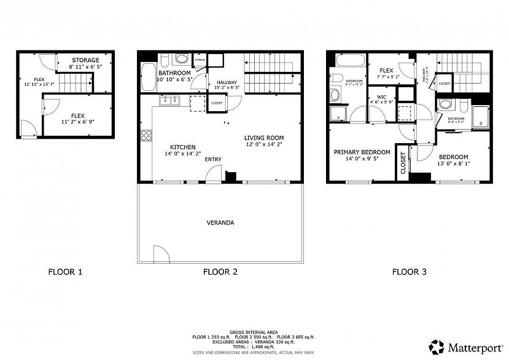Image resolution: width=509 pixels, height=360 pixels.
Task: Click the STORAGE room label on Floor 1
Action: point(85,60)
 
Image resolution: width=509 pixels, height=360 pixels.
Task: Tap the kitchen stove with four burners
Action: point(146,136)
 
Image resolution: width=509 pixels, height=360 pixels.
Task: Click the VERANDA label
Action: point(221,222)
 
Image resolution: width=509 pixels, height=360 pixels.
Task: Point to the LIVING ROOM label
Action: point(264,138)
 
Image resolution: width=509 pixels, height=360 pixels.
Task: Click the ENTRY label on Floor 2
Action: point(213,160)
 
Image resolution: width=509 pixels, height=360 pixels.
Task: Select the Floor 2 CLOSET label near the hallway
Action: point(217,103)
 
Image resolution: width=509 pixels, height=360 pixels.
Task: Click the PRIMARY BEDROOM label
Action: point(362,152)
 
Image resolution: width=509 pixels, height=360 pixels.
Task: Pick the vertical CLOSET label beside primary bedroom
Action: point(403,163)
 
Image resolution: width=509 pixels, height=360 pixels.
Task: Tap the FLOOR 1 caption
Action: point(65,271)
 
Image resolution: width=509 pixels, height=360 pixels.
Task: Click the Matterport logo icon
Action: point(437,346)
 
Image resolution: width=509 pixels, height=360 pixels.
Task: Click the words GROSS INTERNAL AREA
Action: point(253,330)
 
